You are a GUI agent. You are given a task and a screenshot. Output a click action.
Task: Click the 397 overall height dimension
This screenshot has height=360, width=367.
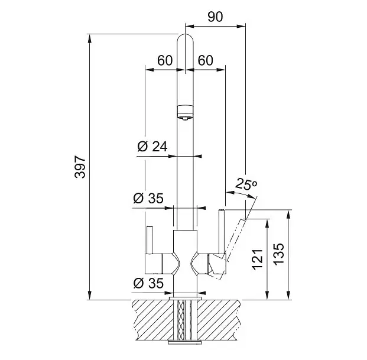point(80,167)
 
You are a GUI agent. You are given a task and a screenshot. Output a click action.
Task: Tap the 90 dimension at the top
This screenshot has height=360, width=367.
point(215,17)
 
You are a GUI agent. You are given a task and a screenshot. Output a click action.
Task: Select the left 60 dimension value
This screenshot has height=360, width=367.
point(165,60)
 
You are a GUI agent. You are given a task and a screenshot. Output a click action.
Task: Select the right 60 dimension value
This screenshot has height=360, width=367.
point(206,60)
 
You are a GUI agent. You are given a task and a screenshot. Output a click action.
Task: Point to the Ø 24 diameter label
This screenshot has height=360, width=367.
point(152,147)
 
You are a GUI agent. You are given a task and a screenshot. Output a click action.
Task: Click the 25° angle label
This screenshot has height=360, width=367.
point(246,184)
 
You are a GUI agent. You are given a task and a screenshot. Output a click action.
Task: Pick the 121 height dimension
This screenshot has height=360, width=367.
point(258,260)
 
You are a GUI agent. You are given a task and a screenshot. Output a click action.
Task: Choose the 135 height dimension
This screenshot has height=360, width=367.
point(278,254)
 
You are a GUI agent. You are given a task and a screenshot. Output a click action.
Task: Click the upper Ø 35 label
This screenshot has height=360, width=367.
point(148,198)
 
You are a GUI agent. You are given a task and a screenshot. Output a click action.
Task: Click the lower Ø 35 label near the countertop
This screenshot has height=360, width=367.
point(148,283)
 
